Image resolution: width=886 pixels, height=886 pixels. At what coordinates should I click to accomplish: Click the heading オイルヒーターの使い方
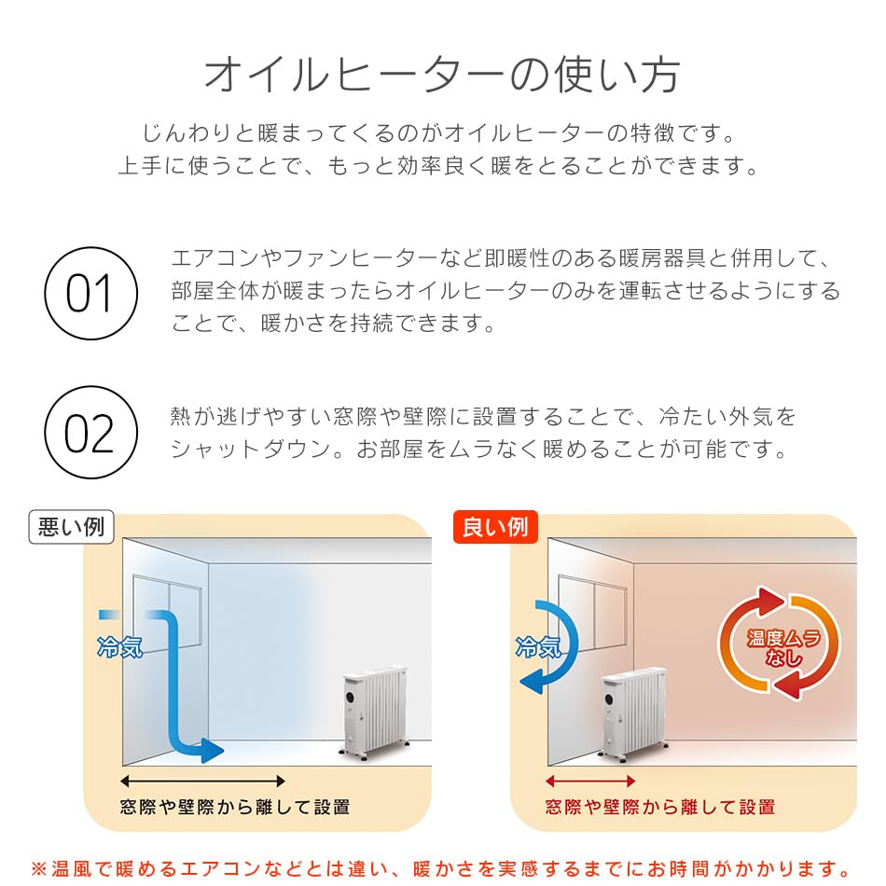coord(442,76)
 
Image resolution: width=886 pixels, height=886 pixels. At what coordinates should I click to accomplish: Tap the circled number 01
coord(90,293)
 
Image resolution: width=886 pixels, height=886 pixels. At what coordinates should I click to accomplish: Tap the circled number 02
coord(90,433)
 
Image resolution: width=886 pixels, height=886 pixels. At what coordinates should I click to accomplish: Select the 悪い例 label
coord(71,528)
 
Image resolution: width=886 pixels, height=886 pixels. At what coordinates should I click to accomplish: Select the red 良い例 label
coord(495,528)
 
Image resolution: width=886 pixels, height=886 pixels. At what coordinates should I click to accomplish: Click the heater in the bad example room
coord(373,710)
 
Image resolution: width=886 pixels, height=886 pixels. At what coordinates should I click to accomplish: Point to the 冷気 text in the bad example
coord(119,646)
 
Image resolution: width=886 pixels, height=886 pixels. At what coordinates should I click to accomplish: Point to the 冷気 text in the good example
coord(538,646)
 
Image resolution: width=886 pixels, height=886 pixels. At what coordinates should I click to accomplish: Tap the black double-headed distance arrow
coord(202,781)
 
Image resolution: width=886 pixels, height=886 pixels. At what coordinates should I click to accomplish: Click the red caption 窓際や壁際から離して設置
coord(659,807)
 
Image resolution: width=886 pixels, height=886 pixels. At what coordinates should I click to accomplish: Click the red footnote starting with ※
coord(442,868)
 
